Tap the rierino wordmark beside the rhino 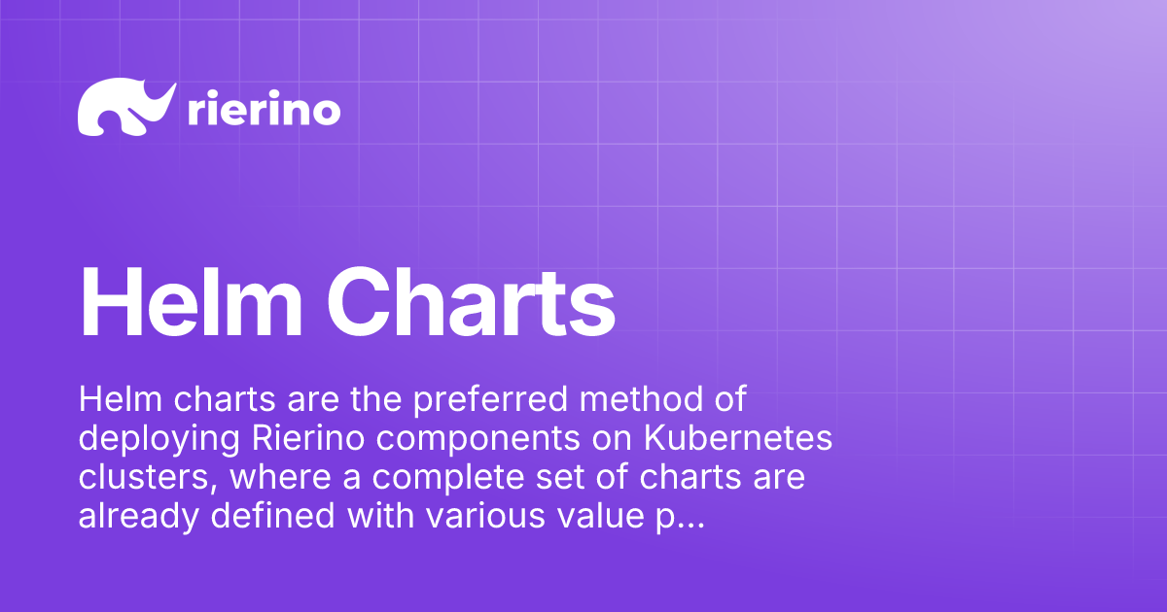[263, 110]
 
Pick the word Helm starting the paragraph [115, 398]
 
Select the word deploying [159, 439]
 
